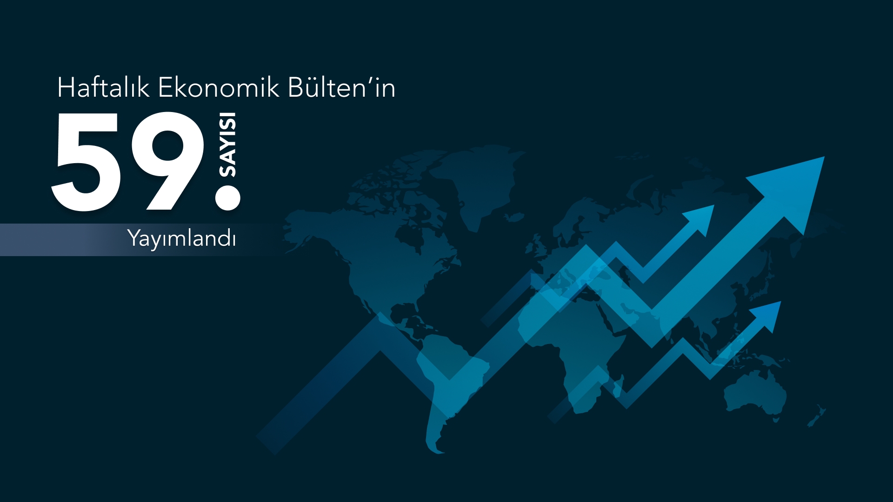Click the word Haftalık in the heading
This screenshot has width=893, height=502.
coord(103,87)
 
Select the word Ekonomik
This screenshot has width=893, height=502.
coord(219,87)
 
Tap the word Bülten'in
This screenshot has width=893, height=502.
coord(342,87)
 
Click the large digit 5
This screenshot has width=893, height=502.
coord(87,161)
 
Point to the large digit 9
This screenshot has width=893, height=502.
coord(167,161)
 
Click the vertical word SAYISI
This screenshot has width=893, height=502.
coord(227,145)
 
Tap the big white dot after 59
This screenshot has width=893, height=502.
coord(228,198)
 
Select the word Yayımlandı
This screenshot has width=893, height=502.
coord(182,238)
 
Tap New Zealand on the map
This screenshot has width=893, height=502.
coord(817,416)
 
